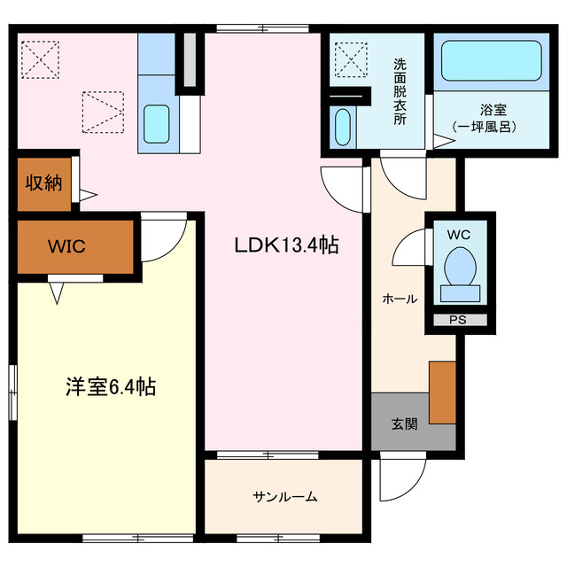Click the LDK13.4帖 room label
[286, 245]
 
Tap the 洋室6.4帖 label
[111, 386]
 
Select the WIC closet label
[67, 246]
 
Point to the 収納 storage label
[43, 183]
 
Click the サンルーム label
[284, 496]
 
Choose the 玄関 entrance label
[404, 423]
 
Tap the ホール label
[400, 299]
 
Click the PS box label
[457, 320]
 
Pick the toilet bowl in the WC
[459, 266]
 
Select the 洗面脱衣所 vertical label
[400, 91]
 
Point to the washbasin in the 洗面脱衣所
[343, 126]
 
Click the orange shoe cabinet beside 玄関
[442, 392]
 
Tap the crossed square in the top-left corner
[37, 59]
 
